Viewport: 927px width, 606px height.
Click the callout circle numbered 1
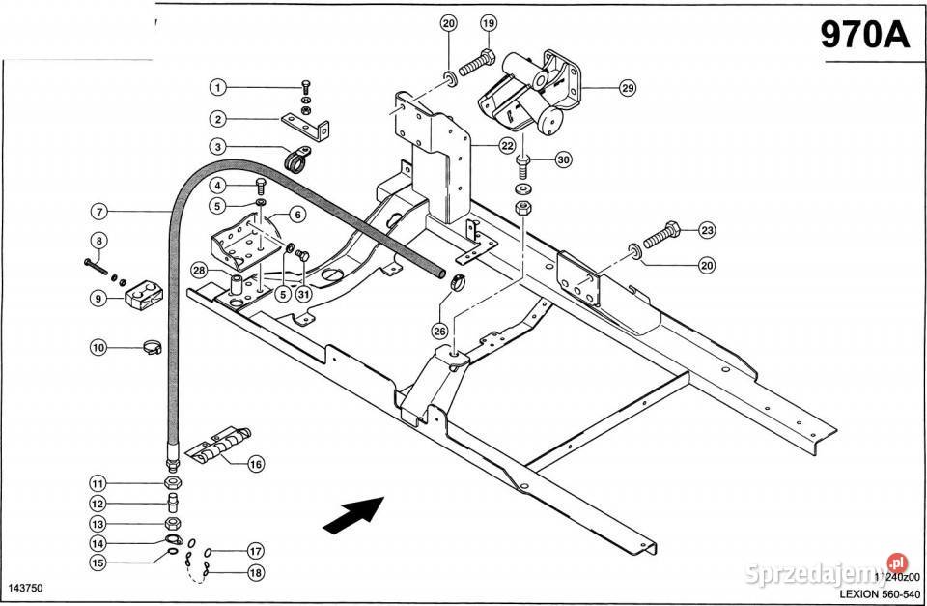coord(218,87)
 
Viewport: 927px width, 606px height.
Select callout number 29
coord(627,88)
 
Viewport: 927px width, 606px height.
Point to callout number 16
coord(255,464)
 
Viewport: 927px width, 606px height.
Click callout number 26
coord(440,332)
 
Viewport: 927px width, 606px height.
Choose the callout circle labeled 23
coord(707,230)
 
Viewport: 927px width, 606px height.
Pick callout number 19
coord(488,22)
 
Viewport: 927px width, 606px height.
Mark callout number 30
coord(563,159)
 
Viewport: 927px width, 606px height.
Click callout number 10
coord(98,347)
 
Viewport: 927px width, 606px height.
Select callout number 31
coord(302,294)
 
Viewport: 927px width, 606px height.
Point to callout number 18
coord(255,572)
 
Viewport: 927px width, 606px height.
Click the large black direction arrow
coord(351,514)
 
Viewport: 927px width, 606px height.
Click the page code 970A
coord(865,35)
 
